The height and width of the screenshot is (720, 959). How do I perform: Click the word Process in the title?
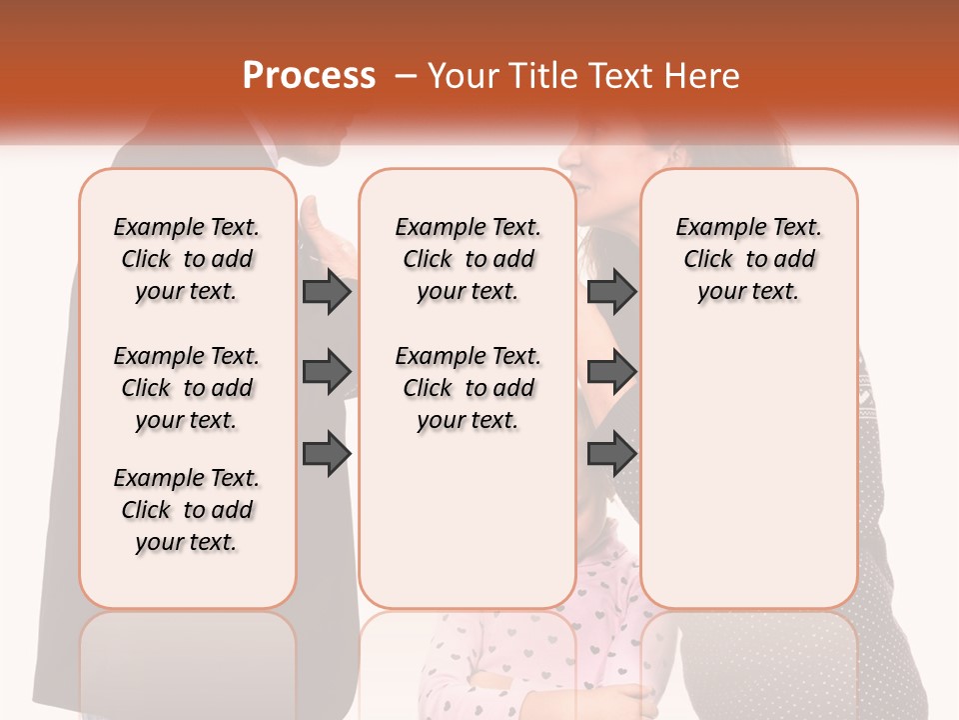[x=308, y=76]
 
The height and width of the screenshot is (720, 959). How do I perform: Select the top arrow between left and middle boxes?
[x=326, y=292]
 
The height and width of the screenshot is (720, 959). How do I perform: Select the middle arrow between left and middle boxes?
[x=326, y=372]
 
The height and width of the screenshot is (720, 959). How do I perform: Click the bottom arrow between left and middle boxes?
[x=326, y=454]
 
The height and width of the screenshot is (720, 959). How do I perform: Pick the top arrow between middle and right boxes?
[x=611, y=292]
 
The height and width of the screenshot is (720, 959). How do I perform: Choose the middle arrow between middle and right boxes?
[x=611, y=372]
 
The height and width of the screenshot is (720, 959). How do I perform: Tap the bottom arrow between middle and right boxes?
[x=611, y=454]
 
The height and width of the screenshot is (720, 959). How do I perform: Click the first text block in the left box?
[x=187, y=259]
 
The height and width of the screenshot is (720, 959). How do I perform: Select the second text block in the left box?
[x=187, y=388]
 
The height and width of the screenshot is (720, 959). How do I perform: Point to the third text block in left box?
[x=187, y=510]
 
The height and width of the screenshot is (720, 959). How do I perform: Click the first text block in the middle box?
[x=468, y=259]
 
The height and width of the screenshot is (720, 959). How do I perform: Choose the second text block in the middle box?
[x=468, y=388]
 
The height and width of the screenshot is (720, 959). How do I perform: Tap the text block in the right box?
[x=748, y=259]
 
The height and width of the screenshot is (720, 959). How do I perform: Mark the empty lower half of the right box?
[x=748, y=470]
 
